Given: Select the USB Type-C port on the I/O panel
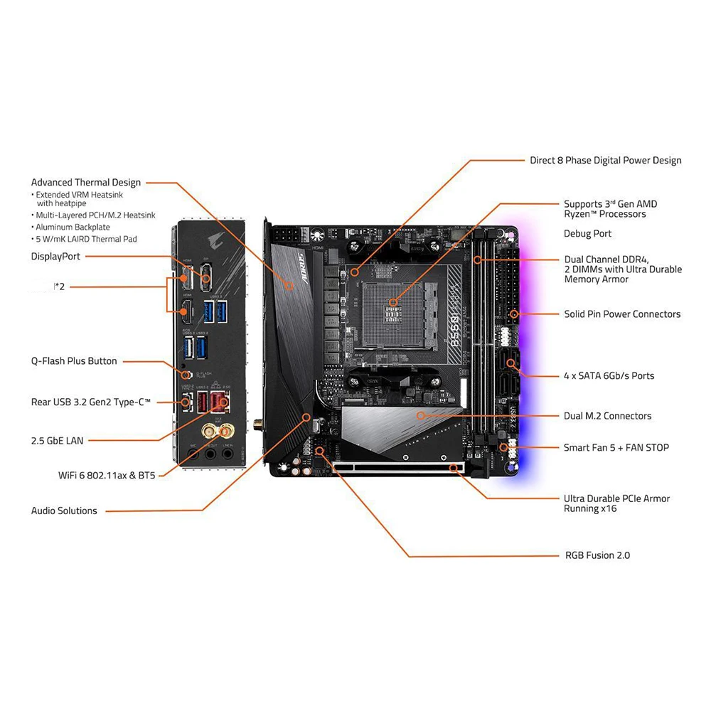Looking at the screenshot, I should [187, 402].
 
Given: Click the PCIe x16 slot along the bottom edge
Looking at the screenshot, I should [398, 467].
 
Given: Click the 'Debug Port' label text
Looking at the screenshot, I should [587, 234].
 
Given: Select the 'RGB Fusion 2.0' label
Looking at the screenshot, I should [597, 555].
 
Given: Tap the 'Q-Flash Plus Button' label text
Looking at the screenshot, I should [74, 361].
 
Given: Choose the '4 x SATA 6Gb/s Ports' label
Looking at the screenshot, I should [609, 375].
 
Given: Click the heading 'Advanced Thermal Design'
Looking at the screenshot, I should [86, 183].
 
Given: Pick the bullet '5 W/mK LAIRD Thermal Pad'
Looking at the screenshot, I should [86, 239].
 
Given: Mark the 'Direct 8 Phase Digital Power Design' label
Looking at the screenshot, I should [605, 160].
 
